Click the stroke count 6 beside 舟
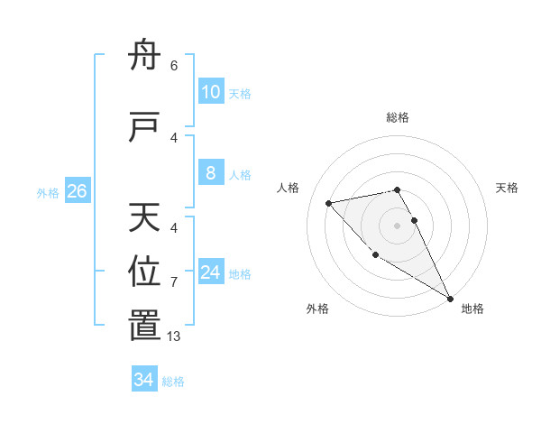[174, 65]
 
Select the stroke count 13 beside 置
[175, 336]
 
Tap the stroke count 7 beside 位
[174, 282]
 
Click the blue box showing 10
[210, 92]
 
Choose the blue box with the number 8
[210, 173]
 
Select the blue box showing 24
[211, 272]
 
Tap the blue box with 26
[78, 191]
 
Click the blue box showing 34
[143, 380]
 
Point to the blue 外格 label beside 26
[48, 192]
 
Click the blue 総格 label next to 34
[173, 382]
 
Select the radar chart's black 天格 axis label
[507, 188]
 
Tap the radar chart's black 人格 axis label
[289, 188]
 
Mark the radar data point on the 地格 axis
[450, 299]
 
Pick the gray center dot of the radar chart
[397, 225]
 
